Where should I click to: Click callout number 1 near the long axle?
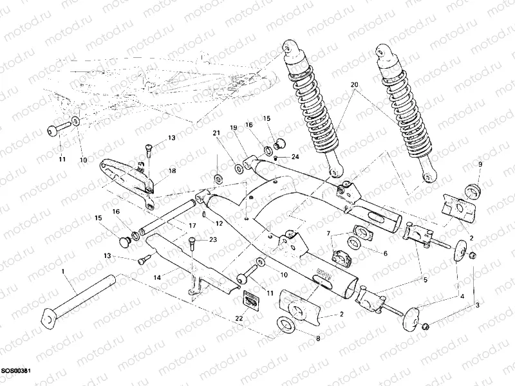pyautogui.click(x=63, y=272)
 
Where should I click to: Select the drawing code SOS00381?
pyautogui.click(x=16, y=371)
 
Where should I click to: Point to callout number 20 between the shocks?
pyautogui.click(x=353, y=84)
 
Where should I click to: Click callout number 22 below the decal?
pyautogui.click(x=239, y=318)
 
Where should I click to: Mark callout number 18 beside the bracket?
pyautogui.click(x=172, y=171)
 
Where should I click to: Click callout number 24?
pyautogui.click(x=295, y=157)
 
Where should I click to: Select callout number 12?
pyautogui.click(x=219, y=223)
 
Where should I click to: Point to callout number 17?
pyautogui.click(x=192, y=225)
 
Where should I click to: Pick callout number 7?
pyautogui.click(x=328, y=232)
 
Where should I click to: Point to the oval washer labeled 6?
pyautogui.click(x=354, y=243)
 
